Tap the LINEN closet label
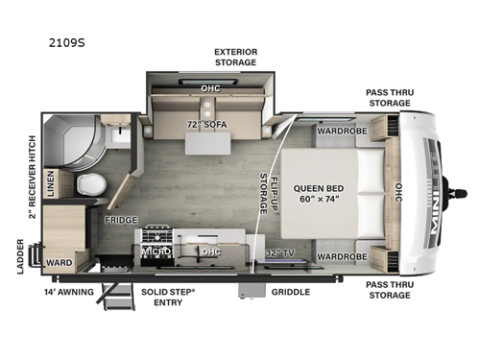(52, 181)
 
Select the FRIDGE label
(120, 220)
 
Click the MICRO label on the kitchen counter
(156, 252)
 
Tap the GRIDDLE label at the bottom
(289, 291)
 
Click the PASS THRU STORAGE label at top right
(391, 98)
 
